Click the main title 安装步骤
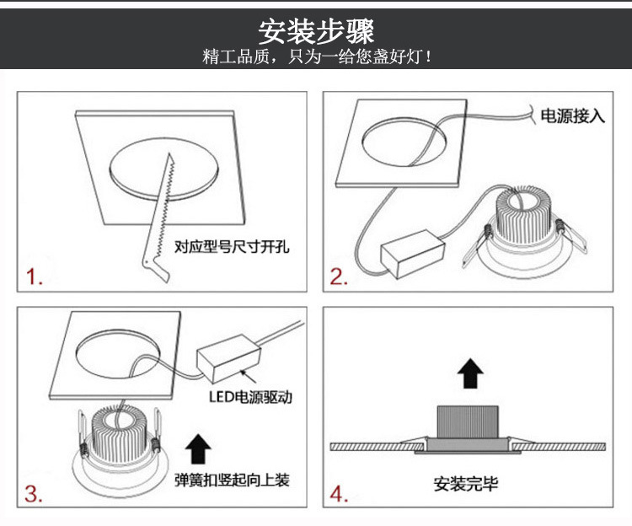point(316,32)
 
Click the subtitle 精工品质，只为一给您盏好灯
point(317,56)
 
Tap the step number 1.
point(35,276)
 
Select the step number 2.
point(339,276)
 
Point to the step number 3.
point(34,494)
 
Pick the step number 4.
point(339,494)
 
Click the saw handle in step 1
point(155,269)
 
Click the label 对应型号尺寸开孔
point(232,246)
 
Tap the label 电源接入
point(573,116)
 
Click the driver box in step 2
point(413,254)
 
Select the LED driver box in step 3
point(228,358)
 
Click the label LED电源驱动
point(250,397)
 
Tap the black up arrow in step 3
point(198,448)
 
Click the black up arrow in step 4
point(470,373)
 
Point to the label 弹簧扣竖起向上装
point(232,480)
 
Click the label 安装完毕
point(465,484)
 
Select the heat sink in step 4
point(468,421)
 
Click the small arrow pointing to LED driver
point(249,376)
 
